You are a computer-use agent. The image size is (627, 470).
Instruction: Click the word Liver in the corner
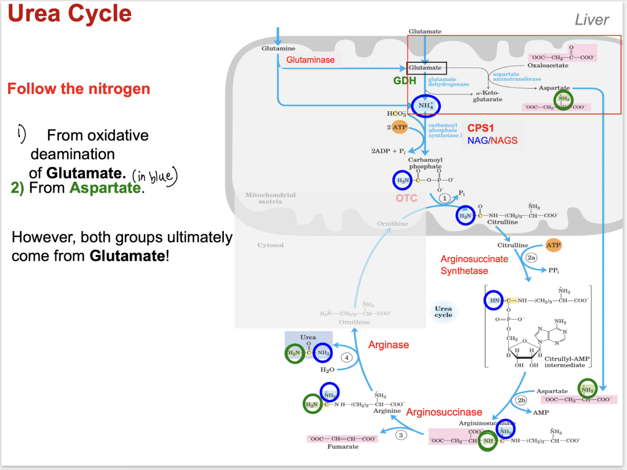coord(592,20)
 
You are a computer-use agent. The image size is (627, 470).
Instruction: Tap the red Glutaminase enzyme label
coord(310,60)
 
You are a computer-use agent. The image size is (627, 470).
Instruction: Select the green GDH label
coord(405,81)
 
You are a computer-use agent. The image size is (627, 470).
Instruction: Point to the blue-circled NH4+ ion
coord(425,105)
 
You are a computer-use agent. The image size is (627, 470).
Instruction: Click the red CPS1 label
coord(480,128)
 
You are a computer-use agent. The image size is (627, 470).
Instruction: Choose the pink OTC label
coord(406,198)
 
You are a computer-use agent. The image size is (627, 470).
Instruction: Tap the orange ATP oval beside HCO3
coord(400,127)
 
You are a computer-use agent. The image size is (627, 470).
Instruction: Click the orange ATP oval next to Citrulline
coord(553,245)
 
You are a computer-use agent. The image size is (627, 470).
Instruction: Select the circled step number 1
coord(445,198)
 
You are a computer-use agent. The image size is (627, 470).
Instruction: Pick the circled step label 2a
coord(531,257)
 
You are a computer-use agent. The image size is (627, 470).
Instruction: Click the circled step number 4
coord(347,358)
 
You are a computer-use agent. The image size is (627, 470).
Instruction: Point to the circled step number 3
coord(401,435)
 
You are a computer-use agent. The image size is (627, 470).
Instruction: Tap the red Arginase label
coord(388,345)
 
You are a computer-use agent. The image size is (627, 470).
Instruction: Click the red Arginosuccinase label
coord(444,412)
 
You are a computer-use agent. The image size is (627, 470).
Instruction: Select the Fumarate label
coord(343,447)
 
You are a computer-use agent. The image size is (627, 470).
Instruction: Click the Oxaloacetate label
coord(548,66)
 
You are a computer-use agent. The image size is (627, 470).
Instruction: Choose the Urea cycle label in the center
coord(443,312)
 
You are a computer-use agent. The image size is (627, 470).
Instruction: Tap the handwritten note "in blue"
coord(154,176)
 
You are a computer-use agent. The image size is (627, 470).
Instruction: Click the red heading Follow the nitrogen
coord(78,89)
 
